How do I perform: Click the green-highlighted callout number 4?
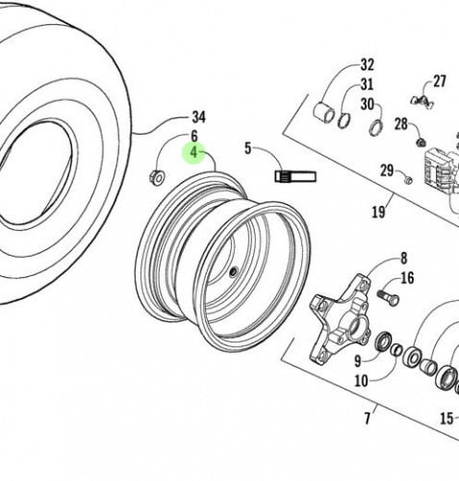193,153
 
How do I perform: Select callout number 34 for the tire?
198,116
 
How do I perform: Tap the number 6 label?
194,136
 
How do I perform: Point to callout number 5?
247,148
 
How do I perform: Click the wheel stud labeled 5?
295,176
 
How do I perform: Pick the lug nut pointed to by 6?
157,178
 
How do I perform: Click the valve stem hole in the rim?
233,272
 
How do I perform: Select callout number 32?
368,64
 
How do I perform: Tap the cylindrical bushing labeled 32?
323,113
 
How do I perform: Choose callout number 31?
367,85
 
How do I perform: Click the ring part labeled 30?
376,128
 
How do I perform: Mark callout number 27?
440,82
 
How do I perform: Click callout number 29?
387,170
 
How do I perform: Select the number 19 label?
378,212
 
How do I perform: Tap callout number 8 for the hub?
404,258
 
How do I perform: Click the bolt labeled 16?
388,296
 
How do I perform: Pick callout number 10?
361,381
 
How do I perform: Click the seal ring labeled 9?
384,342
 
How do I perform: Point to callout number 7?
368,418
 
